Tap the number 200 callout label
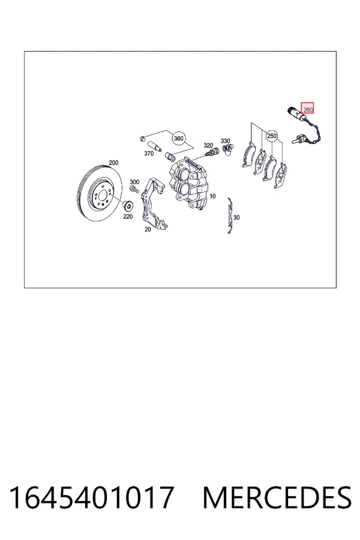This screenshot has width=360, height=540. tap(113, 163)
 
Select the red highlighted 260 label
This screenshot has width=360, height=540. tap(308, 108)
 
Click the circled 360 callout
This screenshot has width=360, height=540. tap(178, 139)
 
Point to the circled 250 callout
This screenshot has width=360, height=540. tap(272, 136)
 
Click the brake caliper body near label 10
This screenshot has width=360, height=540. tap(189, 183)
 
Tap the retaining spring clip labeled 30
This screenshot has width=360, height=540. tap(230, 215)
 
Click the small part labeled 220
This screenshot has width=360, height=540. tap(128, 206)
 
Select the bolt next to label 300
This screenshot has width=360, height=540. tap(134, 189)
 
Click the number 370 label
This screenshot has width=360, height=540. tap(148, 154)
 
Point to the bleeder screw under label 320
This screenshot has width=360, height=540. tap(211, 152)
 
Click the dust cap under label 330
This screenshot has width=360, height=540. tap(227, 149)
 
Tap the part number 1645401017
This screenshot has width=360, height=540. tap(91, 497)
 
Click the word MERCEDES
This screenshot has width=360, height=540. tap(277, 497)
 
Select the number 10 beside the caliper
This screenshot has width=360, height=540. tap(212, 196)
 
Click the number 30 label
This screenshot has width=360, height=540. tap(236, 218)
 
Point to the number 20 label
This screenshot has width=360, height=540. tap(148, 229)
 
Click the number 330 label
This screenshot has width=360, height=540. tap(225, 141)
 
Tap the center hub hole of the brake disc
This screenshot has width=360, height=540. tap(102, 195)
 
